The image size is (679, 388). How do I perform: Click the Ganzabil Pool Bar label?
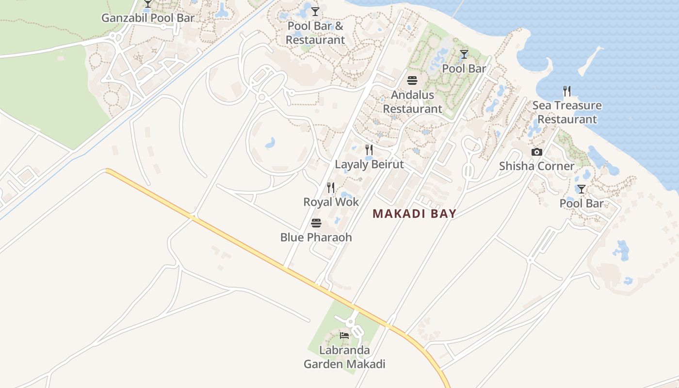tap(148, 18)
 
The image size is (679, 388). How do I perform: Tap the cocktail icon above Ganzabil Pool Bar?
tap(148, 4)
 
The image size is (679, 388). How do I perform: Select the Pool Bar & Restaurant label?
tap(315, 33)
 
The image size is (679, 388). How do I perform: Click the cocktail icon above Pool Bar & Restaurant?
tap(315, 11)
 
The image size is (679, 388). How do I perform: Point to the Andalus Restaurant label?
tap(413, 102)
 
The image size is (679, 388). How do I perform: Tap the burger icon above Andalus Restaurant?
tap(412, 80)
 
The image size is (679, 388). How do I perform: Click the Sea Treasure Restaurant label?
tap(567, 113)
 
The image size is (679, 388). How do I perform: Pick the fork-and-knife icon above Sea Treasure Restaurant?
tap(567, 91)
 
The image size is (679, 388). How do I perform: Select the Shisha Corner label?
tap(537, 166)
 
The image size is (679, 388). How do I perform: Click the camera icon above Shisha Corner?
tap(536, 152)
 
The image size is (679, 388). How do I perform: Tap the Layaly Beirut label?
tap(370, 164)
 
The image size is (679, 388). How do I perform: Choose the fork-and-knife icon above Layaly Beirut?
tap(369, 149)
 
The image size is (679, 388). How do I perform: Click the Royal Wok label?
tap(331, 202)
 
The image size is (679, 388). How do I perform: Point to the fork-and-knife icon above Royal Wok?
tap(331, 187)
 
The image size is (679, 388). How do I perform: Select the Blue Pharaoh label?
tap(316, 238)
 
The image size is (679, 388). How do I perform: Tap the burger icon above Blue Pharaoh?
tap(316, 223)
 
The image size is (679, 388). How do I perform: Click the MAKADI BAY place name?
tap(415, 214)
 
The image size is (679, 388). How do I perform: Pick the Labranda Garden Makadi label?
tap(344, 357)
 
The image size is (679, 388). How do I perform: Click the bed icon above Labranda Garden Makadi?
tap(344, 335)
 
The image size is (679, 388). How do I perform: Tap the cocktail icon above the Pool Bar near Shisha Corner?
tap(581, 189)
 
